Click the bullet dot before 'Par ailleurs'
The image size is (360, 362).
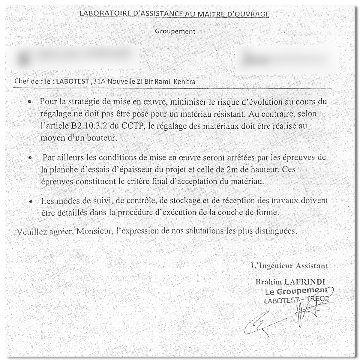point(30,158)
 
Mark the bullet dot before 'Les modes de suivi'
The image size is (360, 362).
point(31,202)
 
